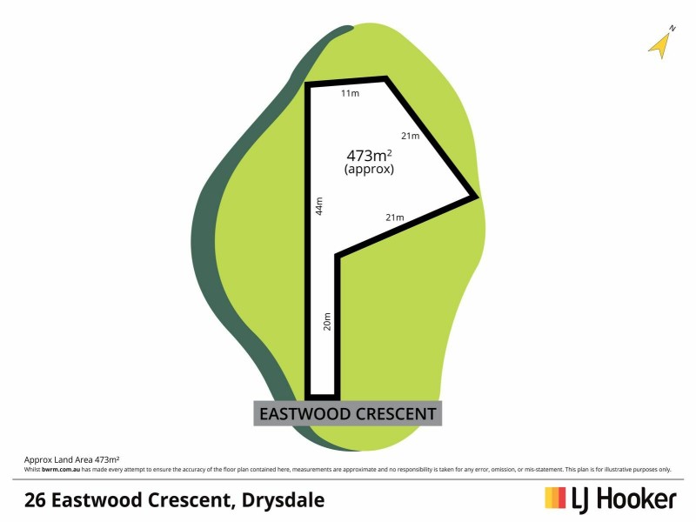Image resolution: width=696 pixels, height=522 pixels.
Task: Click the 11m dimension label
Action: point(350,93)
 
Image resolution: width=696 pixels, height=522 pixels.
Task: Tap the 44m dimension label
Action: point(319,206)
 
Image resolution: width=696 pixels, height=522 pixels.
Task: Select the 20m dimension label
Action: point(327,321)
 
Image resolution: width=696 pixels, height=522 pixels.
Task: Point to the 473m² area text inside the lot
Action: point(369,156)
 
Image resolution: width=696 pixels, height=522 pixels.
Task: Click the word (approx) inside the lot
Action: point(369,171)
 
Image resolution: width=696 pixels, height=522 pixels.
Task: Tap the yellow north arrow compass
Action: point(661,43)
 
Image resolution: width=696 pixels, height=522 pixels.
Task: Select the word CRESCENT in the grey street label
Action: point(397,413)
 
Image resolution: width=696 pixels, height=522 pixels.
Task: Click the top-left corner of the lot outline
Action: point(306,84)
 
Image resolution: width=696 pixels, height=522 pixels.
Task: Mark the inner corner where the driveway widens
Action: point(337,256)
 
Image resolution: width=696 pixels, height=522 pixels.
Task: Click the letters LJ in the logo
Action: point(581,499)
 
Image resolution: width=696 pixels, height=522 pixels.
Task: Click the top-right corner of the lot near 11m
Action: point(385,78)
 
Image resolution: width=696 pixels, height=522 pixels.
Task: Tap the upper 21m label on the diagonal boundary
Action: point(410,136)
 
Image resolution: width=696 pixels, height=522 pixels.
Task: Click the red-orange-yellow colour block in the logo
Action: point(555,498)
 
